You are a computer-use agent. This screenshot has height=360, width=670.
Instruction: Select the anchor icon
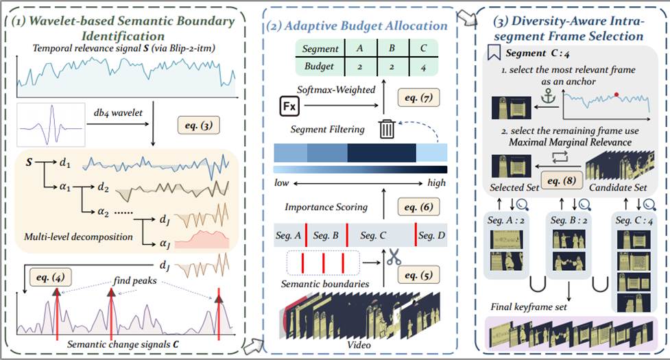(x=548, y=97)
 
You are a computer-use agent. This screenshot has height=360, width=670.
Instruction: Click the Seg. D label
(x=431, y=235)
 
